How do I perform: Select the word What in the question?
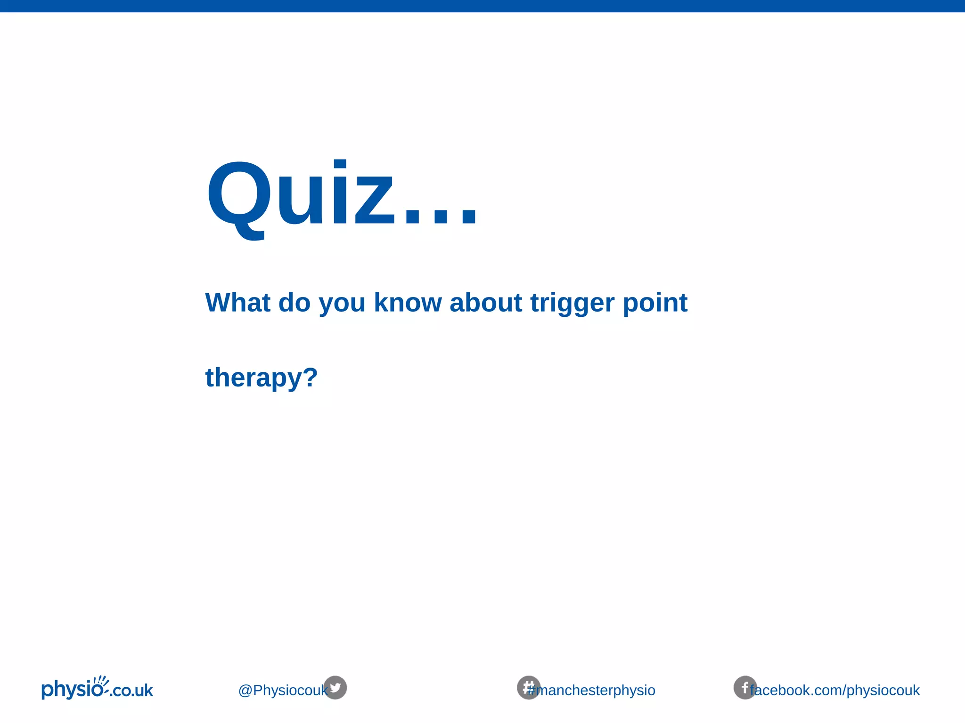[237, 302]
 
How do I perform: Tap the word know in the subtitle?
[408, 302]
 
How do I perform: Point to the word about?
[485, 302]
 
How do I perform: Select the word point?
[655, 303]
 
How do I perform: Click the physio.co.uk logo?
[97, 690]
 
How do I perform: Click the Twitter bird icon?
[335, 688]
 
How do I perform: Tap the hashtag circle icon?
[528, 688]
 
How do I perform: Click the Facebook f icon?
[744, 688]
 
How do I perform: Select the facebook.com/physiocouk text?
[835, 691]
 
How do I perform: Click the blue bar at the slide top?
[482, 6]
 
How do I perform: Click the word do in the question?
[294, 302]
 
